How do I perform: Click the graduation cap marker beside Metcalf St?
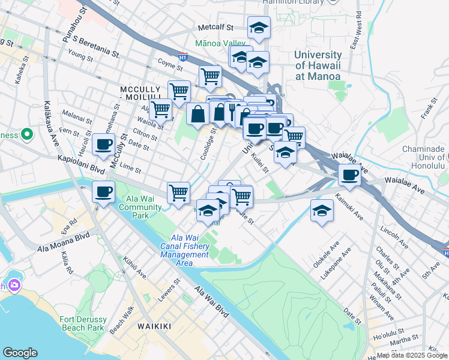coord(259,28)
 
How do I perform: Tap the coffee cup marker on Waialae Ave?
coord(349,176)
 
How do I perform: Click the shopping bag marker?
coord(198,114)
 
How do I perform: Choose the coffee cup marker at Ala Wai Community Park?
coord(104,192)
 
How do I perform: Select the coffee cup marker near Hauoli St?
coord(104,145)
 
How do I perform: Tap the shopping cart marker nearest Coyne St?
coord(210,76)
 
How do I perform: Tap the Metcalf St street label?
coord(216,27)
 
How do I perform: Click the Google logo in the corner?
coord(20,353)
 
